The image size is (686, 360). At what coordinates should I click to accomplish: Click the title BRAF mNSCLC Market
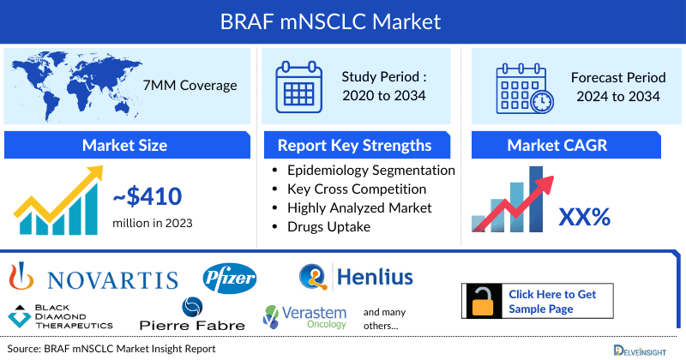point(343,19)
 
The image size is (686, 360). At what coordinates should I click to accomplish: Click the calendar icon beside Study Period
point(299,86)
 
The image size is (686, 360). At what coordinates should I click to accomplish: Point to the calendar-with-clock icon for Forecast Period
point(524,86)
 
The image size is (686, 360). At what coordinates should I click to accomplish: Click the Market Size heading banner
point(124,145)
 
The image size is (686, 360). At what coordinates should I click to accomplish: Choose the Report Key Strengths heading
point(353,145)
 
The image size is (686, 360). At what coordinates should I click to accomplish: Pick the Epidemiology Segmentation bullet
point(370,171)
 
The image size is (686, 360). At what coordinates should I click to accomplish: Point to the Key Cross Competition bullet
point(357,189)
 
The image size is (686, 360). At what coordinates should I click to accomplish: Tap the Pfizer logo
point(230,278)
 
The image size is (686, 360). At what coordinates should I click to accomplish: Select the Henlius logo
point(356,277)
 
